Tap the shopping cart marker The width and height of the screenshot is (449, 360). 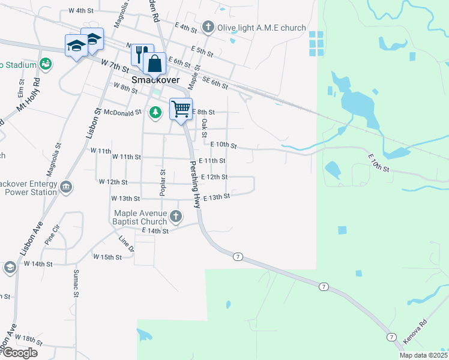pos(181,109)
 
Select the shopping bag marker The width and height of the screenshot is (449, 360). pos(155,62)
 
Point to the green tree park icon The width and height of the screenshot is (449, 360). pos(155,112)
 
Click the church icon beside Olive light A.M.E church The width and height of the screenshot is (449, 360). pos(208,27)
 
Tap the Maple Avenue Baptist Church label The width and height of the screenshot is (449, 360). pos(142,218)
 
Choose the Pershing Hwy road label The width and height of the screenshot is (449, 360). pos(194,184)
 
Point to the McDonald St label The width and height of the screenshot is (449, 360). pos(122,112)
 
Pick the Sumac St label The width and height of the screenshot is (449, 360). pos(76,283)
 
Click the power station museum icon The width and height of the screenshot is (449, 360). pos(66,187)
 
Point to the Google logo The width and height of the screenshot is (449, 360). pos(19,352)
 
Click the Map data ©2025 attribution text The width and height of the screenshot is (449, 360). pos(423,355)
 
